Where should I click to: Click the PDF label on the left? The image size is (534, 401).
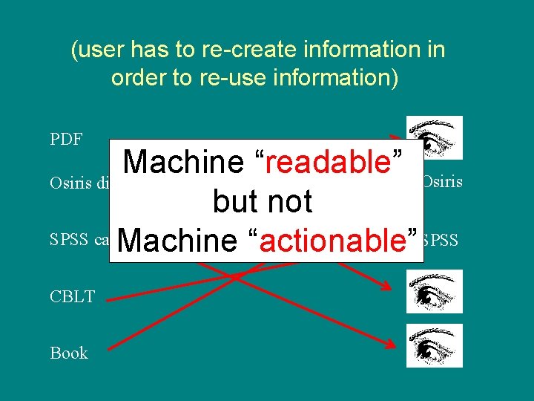click(x=65, y=140)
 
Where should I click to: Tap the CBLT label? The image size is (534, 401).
click(x=72, y=297)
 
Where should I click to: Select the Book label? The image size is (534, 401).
click(x=69, y=353)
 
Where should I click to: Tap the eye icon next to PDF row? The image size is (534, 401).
click(x=435, y=138)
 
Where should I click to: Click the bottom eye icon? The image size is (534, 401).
click(x=435, y=345)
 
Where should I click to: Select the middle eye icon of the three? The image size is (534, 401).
click(x=435, y=291)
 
